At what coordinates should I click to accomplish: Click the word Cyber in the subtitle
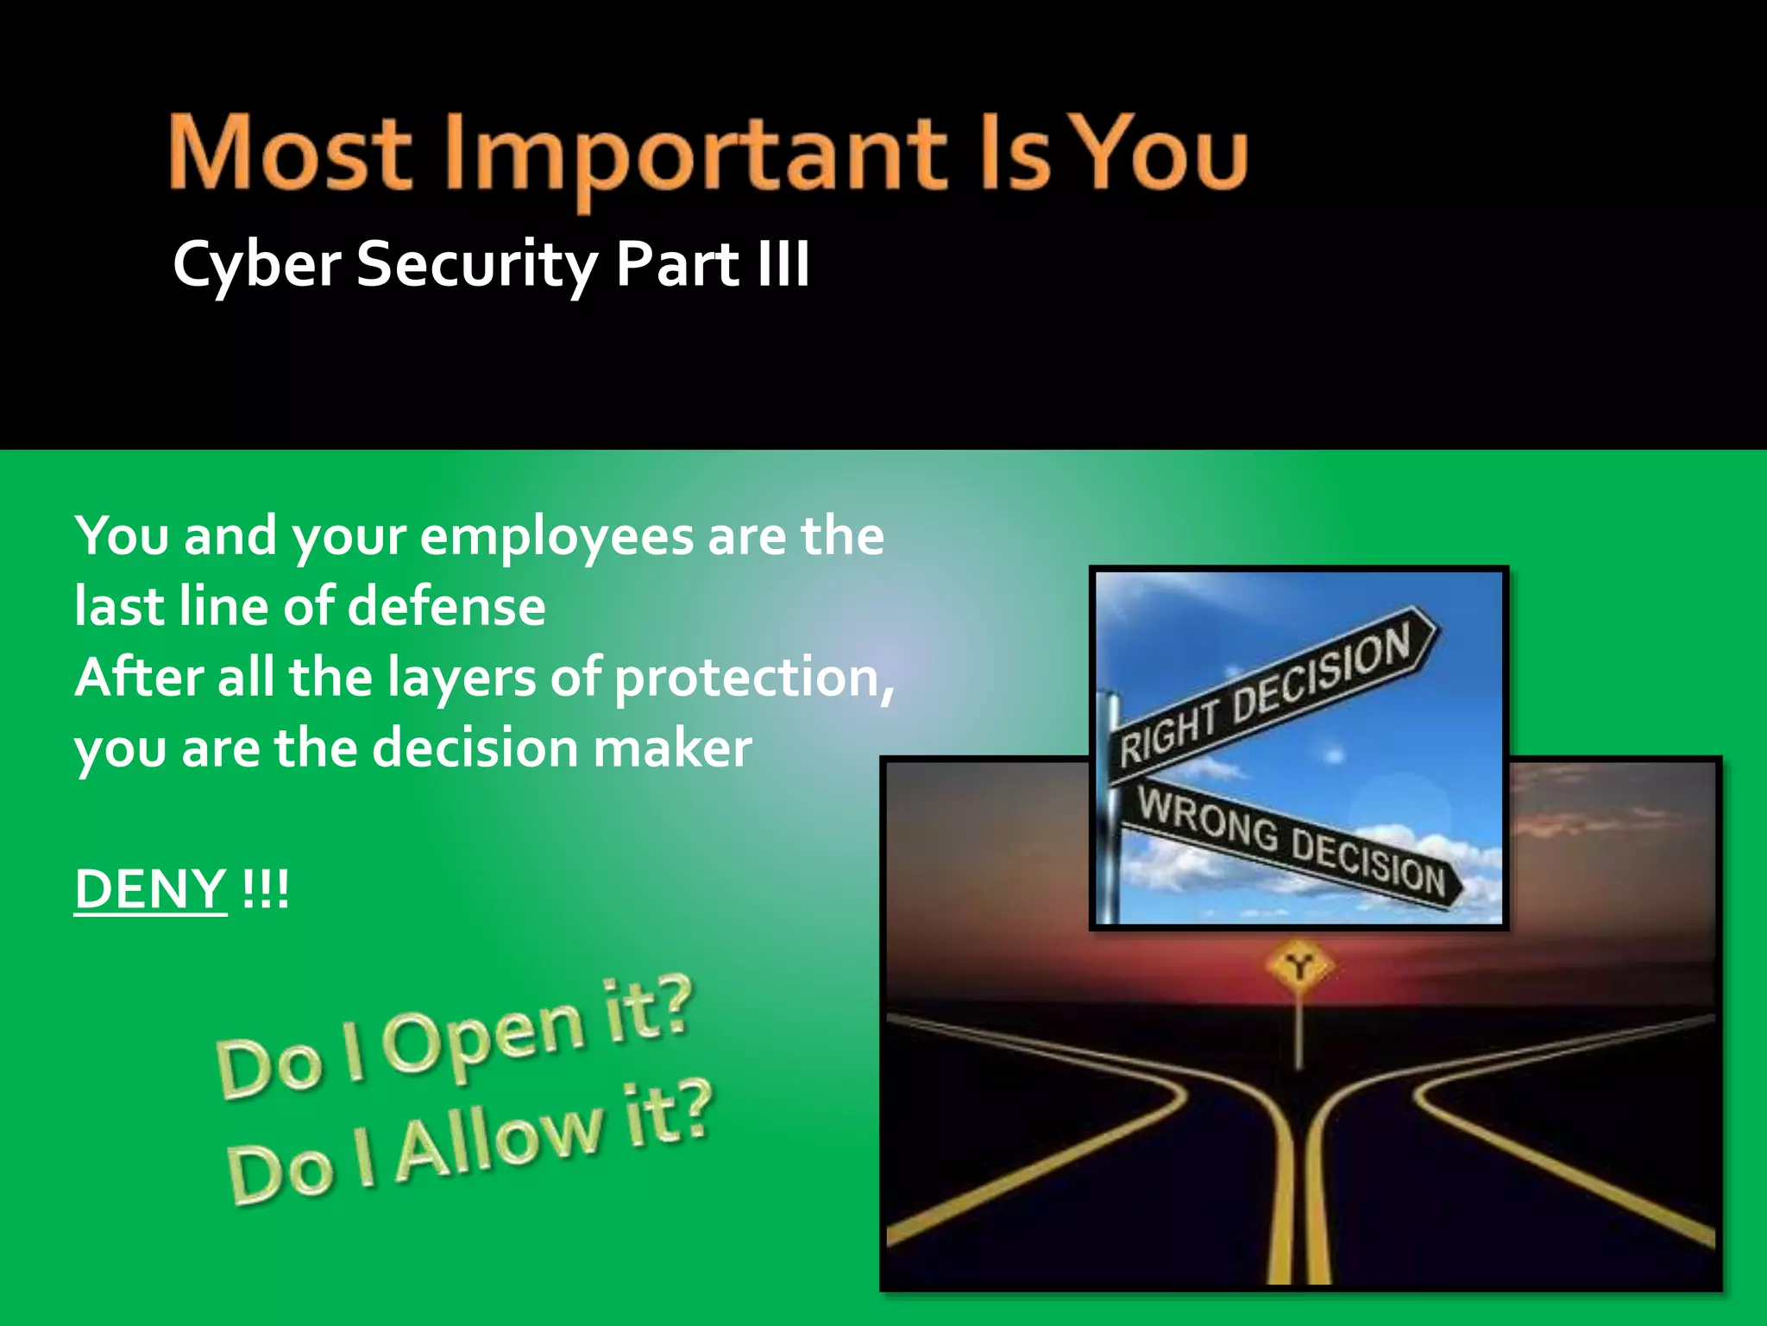tap(256, 265)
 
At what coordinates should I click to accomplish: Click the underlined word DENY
tap(150, 889)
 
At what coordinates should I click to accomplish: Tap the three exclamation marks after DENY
tap(266, 889)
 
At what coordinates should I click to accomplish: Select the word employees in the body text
tap(557, 537)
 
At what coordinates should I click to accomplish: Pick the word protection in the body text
tap(747, 677)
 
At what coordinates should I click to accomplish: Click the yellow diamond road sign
tap(1299, 966)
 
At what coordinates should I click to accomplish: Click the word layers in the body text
tap(462, 677)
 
